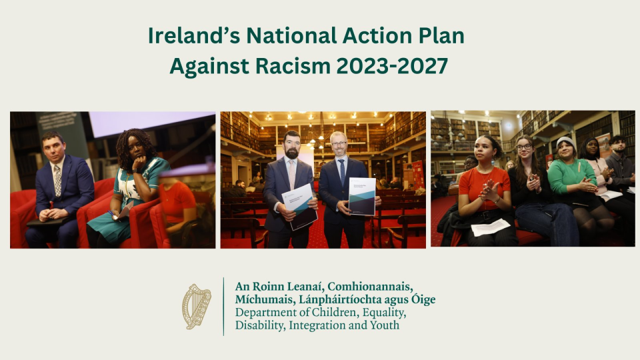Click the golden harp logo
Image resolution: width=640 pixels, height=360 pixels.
[197, 306]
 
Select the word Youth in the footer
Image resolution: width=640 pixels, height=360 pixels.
[385, 325]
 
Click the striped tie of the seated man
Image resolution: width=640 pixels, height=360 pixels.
[58, 179]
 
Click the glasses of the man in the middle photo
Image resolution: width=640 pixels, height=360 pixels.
[339, 144]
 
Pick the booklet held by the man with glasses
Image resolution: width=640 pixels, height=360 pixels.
[363, 196]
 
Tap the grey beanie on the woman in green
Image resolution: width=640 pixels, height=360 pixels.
[565, 142]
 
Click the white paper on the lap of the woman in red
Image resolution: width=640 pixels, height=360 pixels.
[490, 227]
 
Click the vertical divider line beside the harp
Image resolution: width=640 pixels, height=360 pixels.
[223, 306]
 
